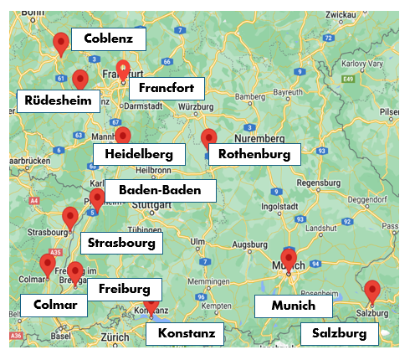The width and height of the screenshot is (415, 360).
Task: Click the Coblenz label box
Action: click(x=109, y=39)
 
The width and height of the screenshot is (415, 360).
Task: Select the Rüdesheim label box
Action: click(x=54, y=100)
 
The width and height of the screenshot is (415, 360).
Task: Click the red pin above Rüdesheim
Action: click(x=80, y=80)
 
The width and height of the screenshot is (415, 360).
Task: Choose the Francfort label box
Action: click(x=167, y=88)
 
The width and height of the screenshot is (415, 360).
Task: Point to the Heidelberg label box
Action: click(x=139, y=154)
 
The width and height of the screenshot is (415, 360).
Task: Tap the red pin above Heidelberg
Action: click(x=123, y=136)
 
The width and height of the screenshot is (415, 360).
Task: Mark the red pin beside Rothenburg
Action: click(x=209, y=139)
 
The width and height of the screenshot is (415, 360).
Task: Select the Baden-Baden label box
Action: click(x=160, y=190)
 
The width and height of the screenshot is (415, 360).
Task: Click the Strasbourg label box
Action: click(x=122, y=244)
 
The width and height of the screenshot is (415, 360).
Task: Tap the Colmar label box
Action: click(x=54, y=305)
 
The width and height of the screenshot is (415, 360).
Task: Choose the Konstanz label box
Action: click(x=187, y=334)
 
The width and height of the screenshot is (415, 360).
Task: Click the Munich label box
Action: click(x=294, y=306)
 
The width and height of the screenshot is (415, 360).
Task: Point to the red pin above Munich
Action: click(x=289, y=259)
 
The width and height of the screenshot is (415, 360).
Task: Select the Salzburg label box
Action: click(x=339, y=333)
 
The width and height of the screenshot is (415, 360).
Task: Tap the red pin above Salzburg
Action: click(x=373, y=291)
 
